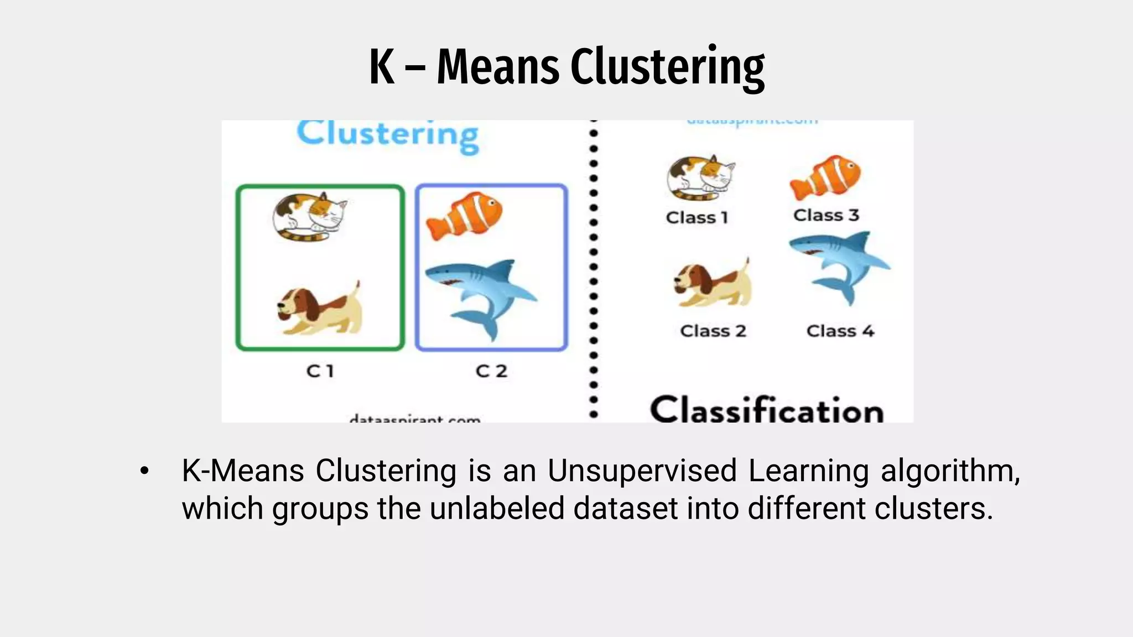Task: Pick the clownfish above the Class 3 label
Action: click(x=825, y=177)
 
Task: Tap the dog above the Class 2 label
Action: click(x=713, y=283)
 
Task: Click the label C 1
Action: click(x=320, y=371)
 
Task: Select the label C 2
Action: click(x=491, y=371)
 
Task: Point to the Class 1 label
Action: click(x=697, y=218)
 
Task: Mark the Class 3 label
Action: click(x=826, y=215)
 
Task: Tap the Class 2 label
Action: click(x=713, y=331)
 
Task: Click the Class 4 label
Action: click(x=840, y=331)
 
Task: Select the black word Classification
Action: click(x=767, y=410)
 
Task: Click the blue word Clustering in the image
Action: click(x=388, y=135)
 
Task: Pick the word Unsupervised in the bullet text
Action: click(x=642, y=471)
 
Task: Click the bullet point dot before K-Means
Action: click(x=144, y=471)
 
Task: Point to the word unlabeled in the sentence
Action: click(x=497, y=508)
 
